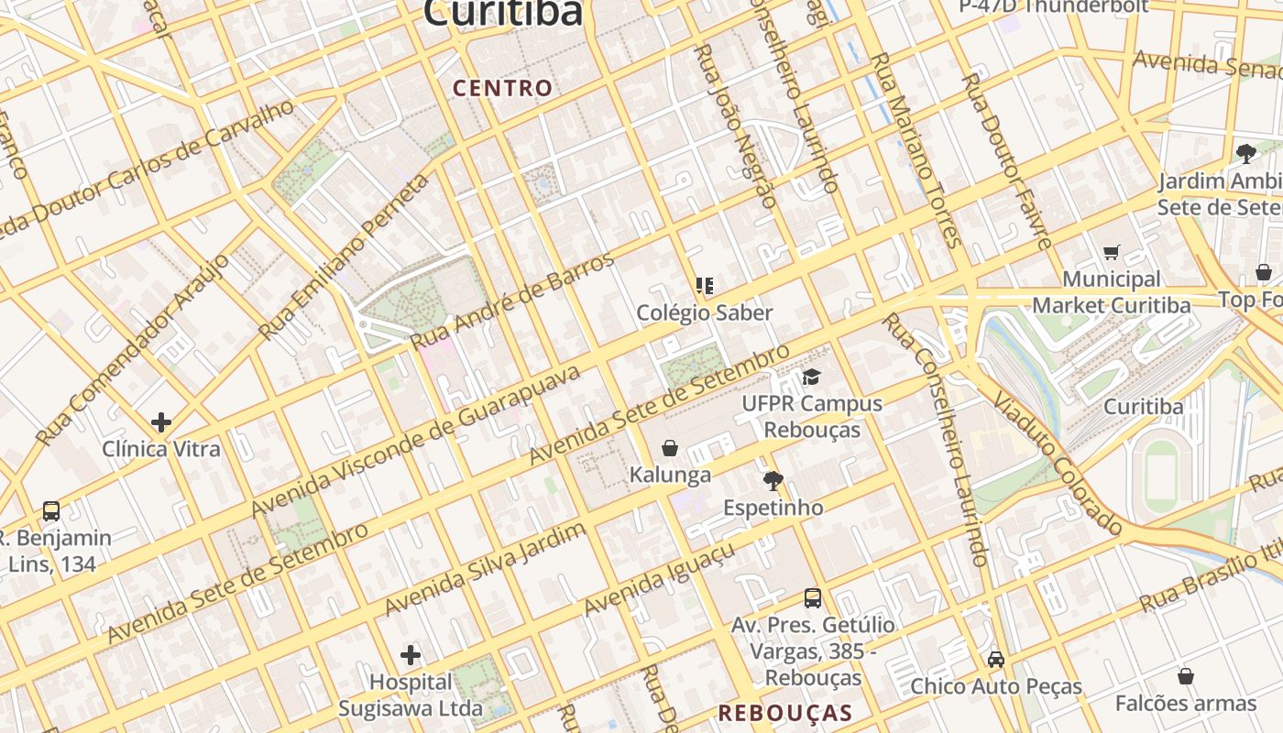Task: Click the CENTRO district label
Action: point(503,89)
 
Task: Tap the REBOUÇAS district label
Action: point(785,713)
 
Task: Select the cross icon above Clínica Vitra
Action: point(161,422)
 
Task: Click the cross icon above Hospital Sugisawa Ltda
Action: point(411,655)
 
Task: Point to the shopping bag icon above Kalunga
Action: point(670,448)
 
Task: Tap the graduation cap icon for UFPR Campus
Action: point(811,377)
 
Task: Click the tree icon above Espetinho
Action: point(773,481)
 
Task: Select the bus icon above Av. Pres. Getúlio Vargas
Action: point(813,598)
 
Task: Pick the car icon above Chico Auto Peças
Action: point(996,660)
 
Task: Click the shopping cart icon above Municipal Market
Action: point(1112,252)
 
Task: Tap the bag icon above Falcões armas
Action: point(1186,676)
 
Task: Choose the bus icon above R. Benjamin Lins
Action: point(51,511)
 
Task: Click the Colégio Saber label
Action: point(705,312)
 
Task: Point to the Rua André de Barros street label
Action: point(512,300)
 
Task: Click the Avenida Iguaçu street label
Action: point(660,579)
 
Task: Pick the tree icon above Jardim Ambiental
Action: point(1245,153)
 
